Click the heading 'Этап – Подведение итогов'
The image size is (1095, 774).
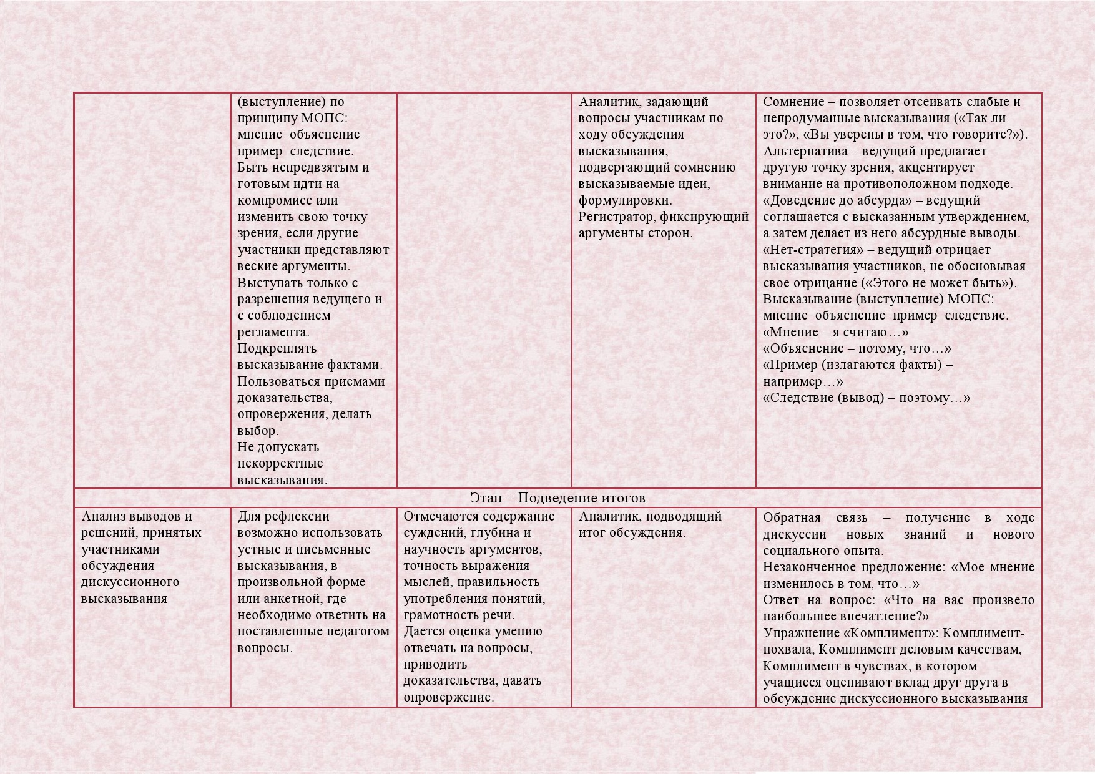point(557,498)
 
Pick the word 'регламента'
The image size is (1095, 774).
point(273,332)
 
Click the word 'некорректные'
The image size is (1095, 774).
point(280,463)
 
